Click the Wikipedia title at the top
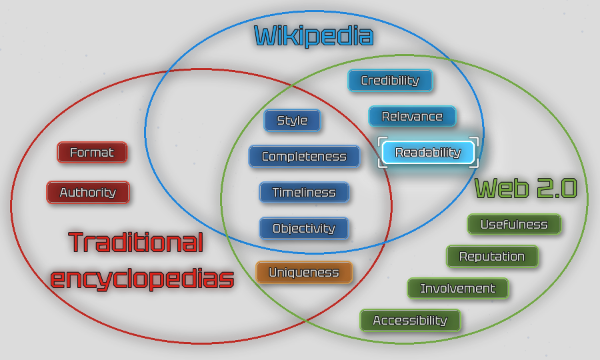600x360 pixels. point(313,35)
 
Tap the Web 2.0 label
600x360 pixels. point(525,189)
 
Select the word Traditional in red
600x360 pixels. point(136,243)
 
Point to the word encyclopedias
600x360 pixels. point(142,278)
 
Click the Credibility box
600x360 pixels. point(390,81)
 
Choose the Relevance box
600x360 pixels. point(412,117)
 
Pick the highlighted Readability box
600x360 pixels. point(428,153)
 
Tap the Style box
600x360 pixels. point(292,121)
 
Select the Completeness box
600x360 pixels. point(304,157)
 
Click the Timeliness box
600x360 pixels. point(304,193)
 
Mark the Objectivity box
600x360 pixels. point(304,229)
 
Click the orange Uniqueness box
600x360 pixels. point(304,272)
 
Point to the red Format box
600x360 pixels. point(92,153)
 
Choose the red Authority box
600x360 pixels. point(88,193)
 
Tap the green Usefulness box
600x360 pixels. point(514,225)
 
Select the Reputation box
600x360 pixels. point(492,257)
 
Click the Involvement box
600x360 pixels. point(458,289)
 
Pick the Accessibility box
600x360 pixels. point(410,321)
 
